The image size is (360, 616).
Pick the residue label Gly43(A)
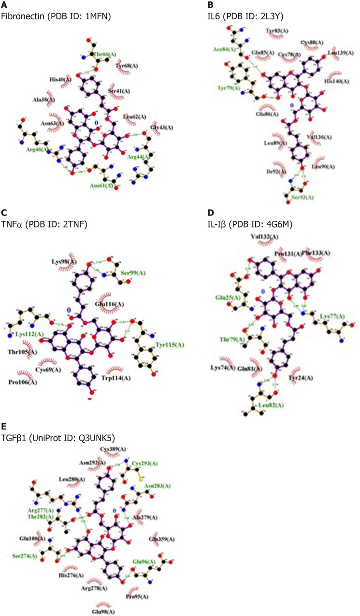click(x=162, y=127)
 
